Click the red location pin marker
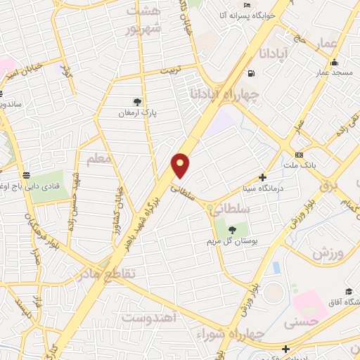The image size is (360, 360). point(181,165)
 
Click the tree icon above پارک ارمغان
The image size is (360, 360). point(137,101)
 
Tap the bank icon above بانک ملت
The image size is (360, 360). point(300,155)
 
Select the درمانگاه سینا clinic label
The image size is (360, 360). point(263,189)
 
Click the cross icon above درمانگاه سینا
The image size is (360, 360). point(263,179)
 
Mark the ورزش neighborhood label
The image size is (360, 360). point(328,252)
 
